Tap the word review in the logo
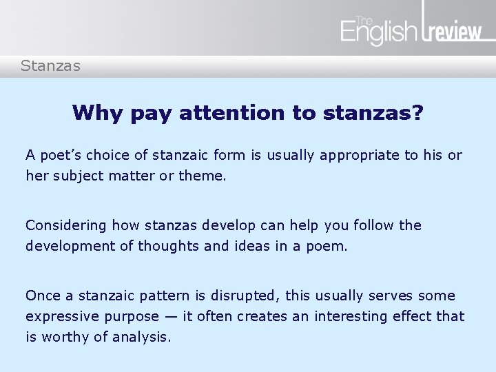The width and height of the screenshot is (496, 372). [455, 33]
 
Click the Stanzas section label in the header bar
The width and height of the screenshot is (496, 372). [50, 66]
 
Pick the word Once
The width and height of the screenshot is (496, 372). [43, 296]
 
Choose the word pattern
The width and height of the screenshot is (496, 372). [158, 296]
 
